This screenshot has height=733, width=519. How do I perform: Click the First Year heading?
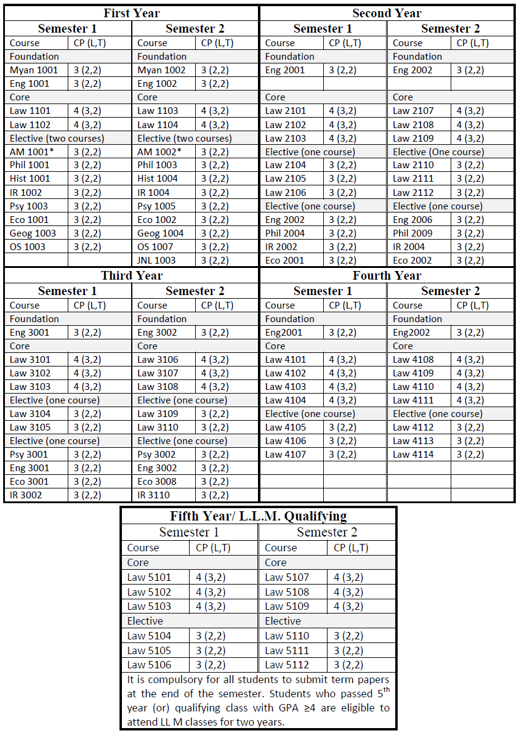pos(132,13)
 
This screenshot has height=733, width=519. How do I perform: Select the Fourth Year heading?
pos(387,275)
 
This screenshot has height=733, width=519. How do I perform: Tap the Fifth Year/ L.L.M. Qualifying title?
pos(259,516)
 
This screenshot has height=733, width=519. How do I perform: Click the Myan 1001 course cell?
pos(34,70)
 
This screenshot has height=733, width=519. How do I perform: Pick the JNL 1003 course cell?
pos(156,261)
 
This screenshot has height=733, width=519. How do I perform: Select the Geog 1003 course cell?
pos(33,233)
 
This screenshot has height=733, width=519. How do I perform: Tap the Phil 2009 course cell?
pos(412,233)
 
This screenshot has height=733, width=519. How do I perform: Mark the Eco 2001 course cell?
pos(285,261)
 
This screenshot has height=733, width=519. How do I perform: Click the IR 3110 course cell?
pos(153,495)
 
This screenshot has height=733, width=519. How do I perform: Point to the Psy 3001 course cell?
pos(29,455)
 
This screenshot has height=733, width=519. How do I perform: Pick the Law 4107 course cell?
pos(286,455)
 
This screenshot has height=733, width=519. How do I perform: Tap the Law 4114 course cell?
pos(413,455)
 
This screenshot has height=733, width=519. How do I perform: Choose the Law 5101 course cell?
pos(149,577)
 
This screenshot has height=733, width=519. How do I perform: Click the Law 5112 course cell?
pos(287,665)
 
